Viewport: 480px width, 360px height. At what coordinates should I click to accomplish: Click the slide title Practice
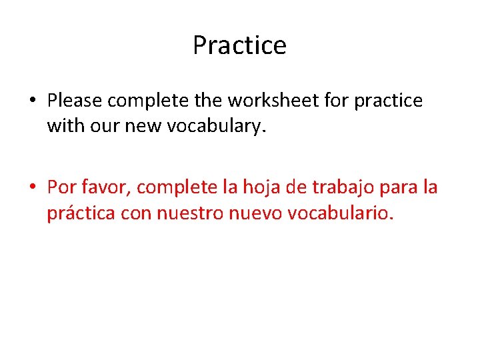tap(239, 45)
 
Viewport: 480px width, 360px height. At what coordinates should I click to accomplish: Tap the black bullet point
tap(32, 101)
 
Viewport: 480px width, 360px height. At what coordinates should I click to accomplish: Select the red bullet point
tap(32, 188)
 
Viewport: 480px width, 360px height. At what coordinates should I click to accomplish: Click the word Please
tap(75, 101)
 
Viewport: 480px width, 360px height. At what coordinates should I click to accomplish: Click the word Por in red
tap(62, 187)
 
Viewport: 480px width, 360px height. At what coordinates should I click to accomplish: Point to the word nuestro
tap(193, 213)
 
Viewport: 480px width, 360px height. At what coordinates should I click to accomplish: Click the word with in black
tap(63, 126)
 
